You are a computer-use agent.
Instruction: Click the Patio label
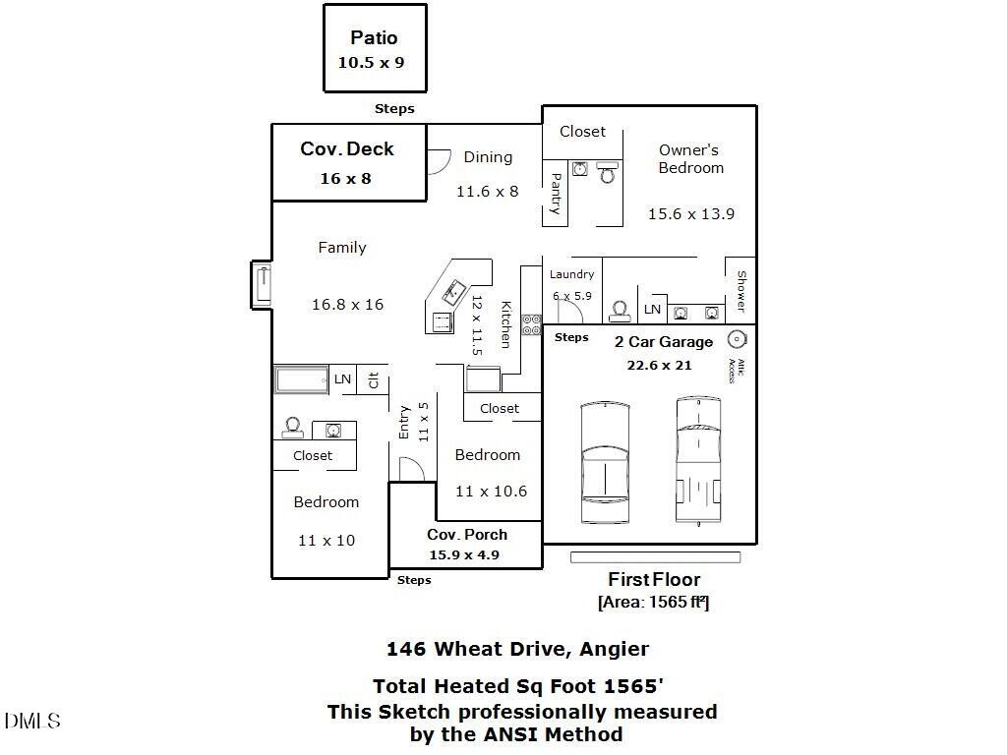click(x=374, y=38)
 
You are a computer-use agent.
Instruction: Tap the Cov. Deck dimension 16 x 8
click(x=345, y=179)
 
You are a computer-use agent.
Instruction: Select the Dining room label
click(x=488, y=157)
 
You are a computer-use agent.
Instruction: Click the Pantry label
click(x=556, y=194)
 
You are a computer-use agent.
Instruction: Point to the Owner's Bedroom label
click(x=690, y=159)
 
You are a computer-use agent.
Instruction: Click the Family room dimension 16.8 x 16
click(x=347, y=305)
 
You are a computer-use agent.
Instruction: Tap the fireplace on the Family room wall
click(x=262, y=285)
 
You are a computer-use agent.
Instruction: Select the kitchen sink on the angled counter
click(x=455, y=291)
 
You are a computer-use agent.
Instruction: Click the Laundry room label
click(x=571, y=274)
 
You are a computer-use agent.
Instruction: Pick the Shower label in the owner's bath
click(x=741, y=291)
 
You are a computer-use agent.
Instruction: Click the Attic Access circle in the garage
click(x=736, y=340)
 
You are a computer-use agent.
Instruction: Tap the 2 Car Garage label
click(x=663, y=342)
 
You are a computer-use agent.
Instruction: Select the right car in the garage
click(x=699, y=460)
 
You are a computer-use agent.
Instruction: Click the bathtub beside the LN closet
click(x=301, y=379)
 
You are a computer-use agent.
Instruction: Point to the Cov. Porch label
click(x=467, y=535)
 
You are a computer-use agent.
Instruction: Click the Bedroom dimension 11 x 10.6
click(x=491, y=492)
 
